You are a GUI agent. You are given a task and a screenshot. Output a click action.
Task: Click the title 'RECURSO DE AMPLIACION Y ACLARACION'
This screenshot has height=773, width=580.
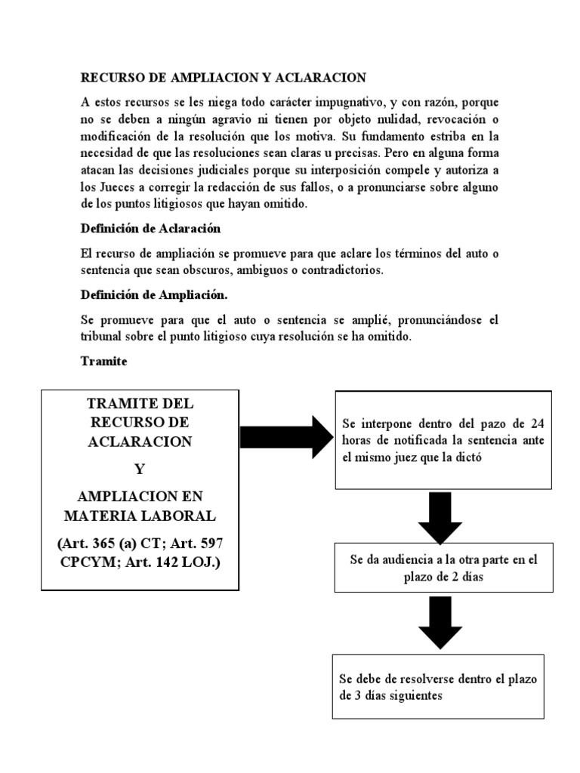(223, 78)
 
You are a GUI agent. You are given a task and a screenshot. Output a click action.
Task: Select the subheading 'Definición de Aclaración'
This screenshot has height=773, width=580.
(151, 228)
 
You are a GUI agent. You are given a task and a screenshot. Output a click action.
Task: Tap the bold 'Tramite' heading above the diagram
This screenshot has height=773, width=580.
(103, 362)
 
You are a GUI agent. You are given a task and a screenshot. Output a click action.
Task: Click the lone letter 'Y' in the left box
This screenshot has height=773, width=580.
(139, 468)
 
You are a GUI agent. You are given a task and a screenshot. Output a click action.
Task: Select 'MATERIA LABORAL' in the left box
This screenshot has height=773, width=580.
(140, 516)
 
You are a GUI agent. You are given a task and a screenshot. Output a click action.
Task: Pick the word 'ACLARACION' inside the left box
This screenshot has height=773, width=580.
(140, 441)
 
